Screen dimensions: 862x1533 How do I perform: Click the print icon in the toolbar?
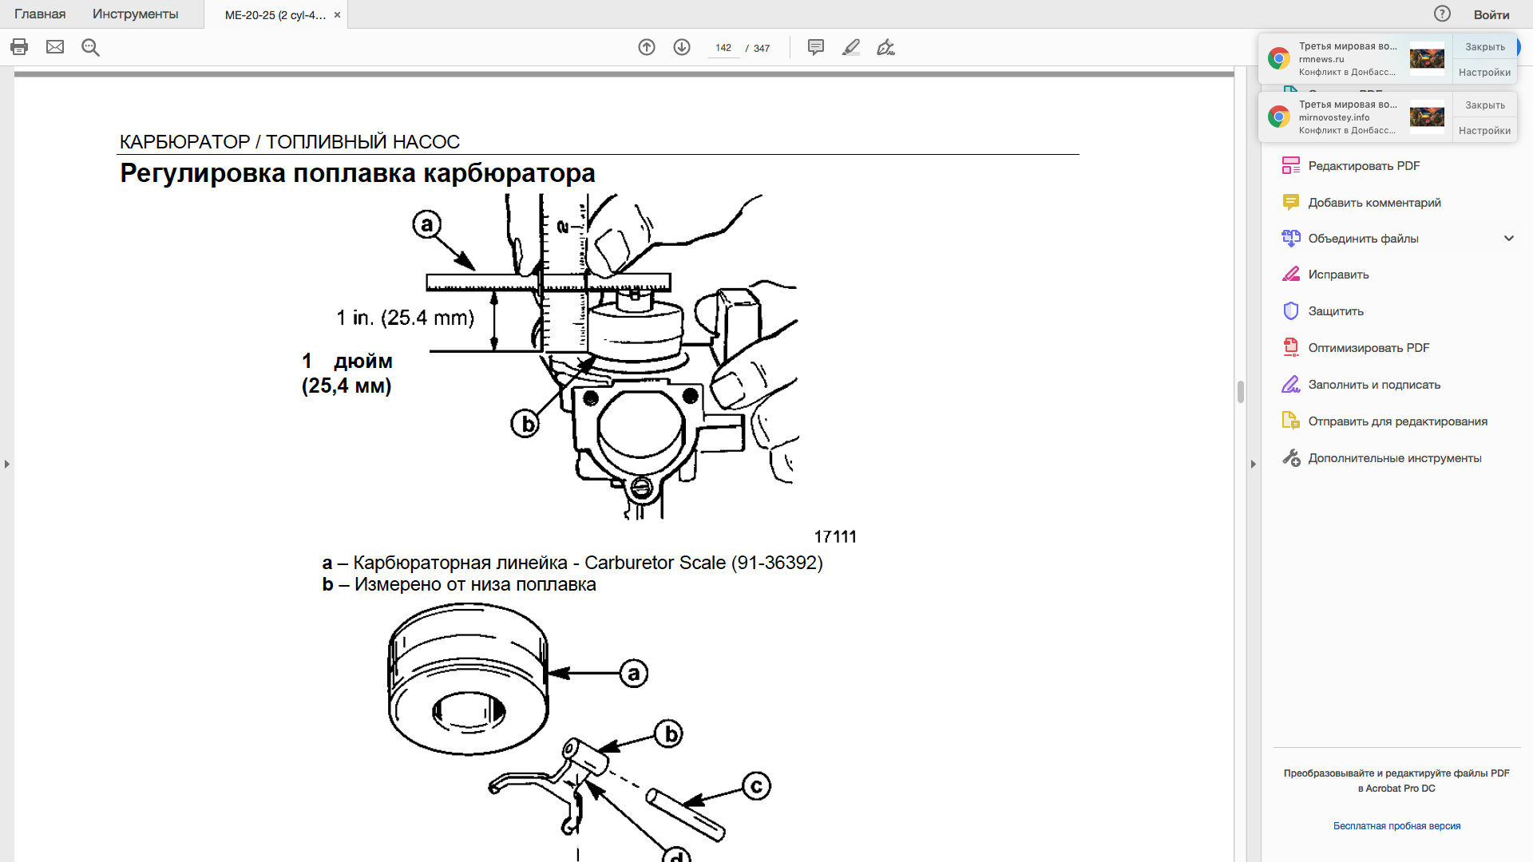tap(19, 47)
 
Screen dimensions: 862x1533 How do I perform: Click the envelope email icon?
tap(55, 47)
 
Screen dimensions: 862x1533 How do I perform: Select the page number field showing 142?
tap(723, 48)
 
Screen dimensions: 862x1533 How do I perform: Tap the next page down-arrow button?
tap(682, 47)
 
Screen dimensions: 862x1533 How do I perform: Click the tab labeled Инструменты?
tap(135, 14)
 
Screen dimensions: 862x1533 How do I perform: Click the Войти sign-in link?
tap(1491, 14)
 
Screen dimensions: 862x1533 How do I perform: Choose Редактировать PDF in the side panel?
tap(1363, 166)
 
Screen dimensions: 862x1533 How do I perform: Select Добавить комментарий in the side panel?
tap(1373, 203)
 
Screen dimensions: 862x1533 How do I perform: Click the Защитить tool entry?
tap(1335, 311)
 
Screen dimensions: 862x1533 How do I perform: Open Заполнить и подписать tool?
tap(1373, 385)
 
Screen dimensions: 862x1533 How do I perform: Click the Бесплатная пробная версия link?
tap(1396, 826)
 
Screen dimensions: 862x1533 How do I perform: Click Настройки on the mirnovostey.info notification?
tap(1484, 131)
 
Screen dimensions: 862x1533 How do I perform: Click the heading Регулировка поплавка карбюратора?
tap(358, 173)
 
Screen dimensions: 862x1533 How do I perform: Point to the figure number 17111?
tap(835, 537)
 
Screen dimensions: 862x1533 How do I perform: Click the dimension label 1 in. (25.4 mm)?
tap(405, 318)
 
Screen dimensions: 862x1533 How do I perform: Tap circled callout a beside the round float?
tap(634, 674)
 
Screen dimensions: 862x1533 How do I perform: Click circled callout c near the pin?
tap(756, 786)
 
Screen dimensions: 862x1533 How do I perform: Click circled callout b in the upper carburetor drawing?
tap(525, 424)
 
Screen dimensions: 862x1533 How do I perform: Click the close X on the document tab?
tap(337, 15)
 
